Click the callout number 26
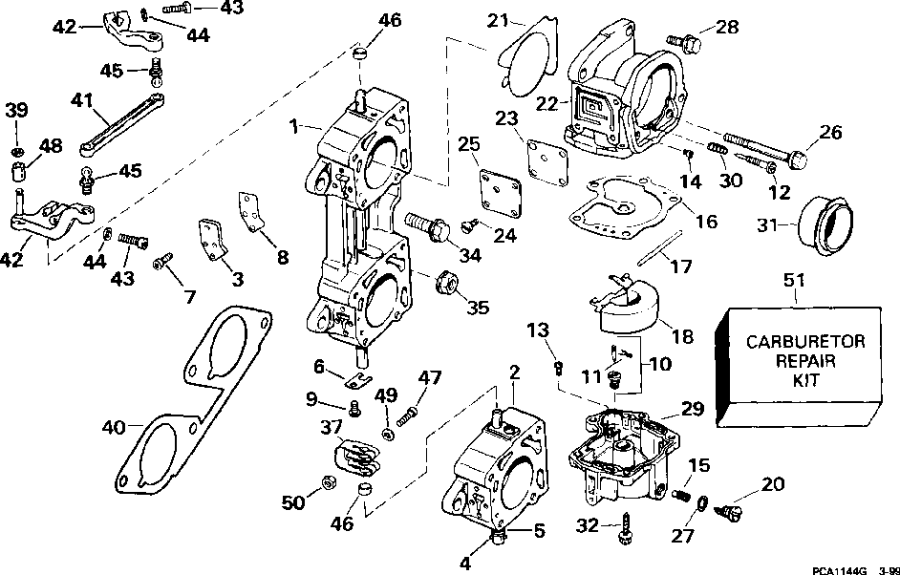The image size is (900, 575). (x=831, y=133)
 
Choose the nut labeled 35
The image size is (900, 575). (x=446, y=284)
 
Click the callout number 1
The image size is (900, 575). (x=295, y=124)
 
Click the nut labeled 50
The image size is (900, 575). (x=325, y=483)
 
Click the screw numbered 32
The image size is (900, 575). (x=627, y=526)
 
